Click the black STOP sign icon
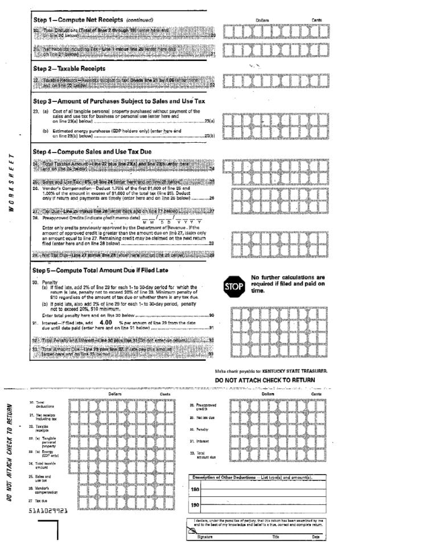coord(233,286)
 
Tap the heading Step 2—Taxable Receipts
coord(69,68)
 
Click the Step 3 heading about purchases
coord(118,101)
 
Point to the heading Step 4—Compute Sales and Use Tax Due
coord(92,152)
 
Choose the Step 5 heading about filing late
coord(100,270)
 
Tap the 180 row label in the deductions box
coord(195,489)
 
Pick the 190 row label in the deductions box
coord(195,505)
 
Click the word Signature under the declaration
coord(204,537)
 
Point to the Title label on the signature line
coord(276,537)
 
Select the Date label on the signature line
coord(315,537)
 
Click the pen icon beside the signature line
coord(191,529)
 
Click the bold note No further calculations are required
coord(288,284)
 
